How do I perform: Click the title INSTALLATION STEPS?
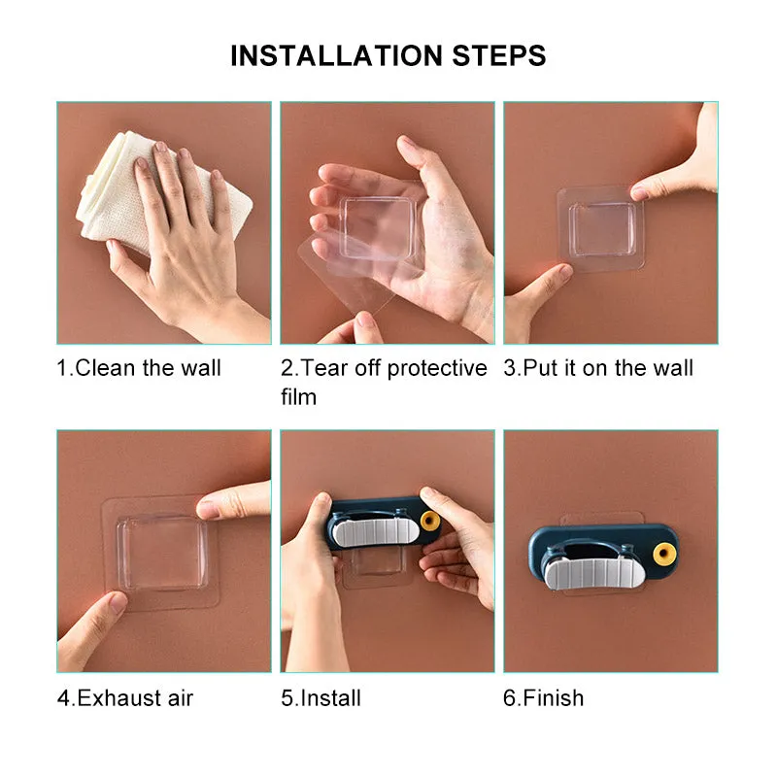tap(388, 55)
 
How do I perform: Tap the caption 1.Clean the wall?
tap(139, 368)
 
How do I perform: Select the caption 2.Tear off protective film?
tap(383, 382)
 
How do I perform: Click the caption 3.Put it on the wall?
tap(598, 368)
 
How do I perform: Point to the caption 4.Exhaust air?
tap(125, 697)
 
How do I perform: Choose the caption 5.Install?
tap(321, 697)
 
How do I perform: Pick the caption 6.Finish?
tap(544, 697)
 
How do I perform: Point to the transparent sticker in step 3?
tap(598, 228)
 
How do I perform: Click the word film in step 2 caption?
tap(298, 396)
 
